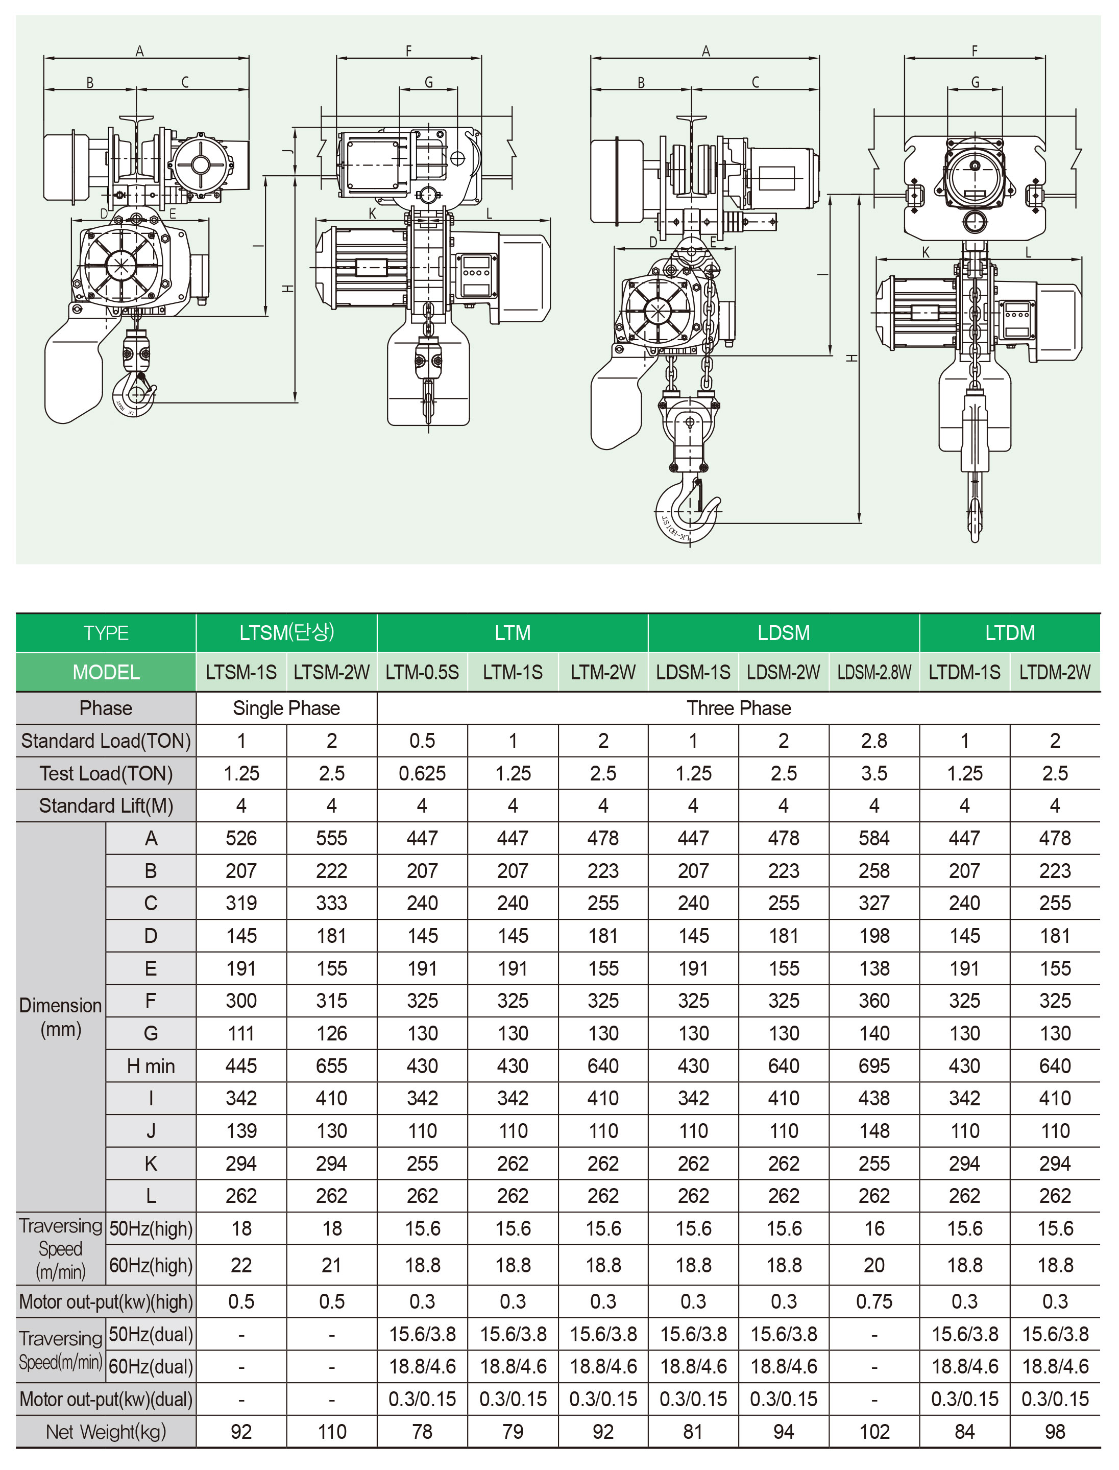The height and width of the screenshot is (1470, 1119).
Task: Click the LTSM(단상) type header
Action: (286, 632)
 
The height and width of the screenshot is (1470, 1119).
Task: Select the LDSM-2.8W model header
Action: (874, 672)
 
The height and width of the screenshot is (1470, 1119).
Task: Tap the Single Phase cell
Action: (286, 708)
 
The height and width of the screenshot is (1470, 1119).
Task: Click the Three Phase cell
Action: (739, 708)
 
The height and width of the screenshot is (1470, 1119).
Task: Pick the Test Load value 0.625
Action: (422, 774)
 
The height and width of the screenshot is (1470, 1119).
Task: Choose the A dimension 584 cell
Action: (874, 838)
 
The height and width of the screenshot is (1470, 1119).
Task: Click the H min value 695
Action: (874, 1066)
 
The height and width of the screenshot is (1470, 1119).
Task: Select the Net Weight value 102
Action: (874, 1431)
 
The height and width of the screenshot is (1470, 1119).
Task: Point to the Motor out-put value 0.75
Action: (874, 1301)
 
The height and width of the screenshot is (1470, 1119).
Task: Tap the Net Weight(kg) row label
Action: (106, 1431)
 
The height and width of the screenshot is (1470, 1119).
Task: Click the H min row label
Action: (151, 1066)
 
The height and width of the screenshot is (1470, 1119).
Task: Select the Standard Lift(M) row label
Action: (106, 805)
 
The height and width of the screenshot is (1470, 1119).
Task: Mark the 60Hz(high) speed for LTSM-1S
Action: (241, 1265)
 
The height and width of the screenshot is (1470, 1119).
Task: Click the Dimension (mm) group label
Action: (61, 1017)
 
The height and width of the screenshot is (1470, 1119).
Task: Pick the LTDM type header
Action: (1010, 632)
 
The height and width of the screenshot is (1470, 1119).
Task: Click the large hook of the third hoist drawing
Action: (688, 510)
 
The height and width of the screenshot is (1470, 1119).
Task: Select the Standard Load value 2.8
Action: (874, 741)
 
